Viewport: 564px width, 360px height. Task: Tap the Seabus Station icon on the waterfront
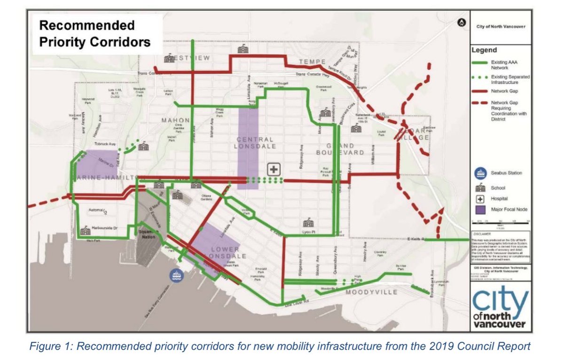coord(176,274)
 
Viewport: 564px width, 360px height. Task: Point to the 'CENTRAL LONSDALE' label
coord(254,144)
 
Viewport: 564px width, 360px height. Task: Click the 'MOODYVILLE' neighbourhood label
coord(372,292)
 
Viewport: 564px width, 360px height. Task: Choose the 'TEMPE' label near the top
coord(310,63)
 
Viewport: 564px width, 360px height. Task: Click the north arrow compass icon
coord(462,22)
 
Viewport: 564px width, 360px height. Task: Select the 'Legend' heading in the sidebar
coord(484,50)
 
